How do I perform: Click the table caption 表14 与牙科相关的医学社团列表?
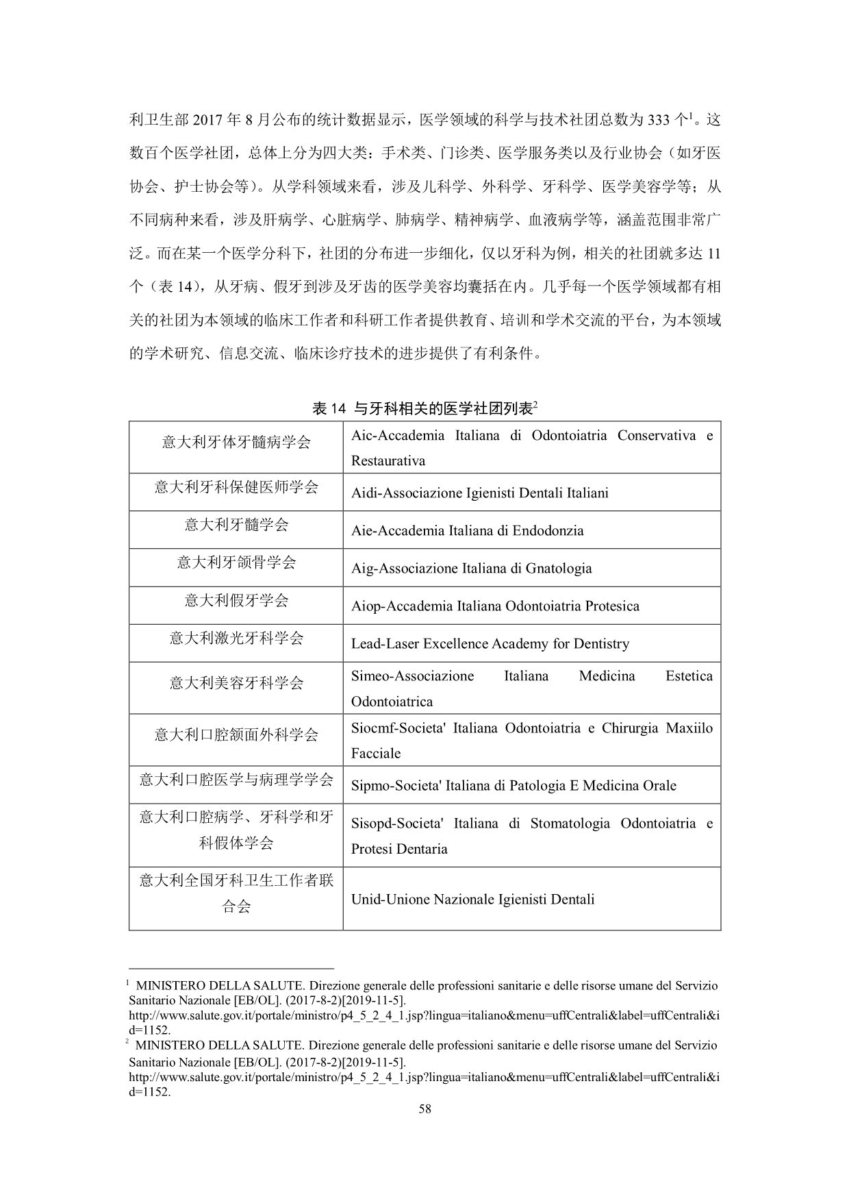(x=424, y=409)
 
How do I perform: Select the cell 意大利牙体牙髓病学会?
(x=236, y=443)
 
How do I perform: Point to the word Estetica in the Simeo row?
(x=689, y=676)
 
